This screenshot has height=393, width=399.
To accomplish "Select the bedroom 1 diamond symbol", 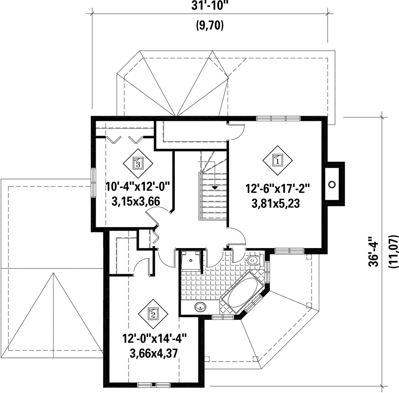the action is coord(277,160).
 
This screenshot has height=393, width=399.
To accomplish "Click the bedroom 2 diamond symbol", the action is coord(153,314).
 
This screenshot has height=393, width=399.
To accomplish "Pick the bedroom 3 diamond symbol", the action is coord(138,163).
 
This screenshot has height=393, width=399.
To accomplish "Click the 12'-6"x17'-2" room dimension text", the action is coord(277,189).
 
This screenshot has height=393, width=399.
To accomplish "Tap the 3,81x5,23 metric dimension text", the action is coord(276,203).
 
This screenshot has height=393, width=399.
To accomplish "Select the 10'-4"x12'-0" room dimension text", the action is coord(138,187).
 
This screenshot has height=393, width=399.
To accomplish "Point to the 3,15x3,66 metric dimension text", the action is coord(136,201).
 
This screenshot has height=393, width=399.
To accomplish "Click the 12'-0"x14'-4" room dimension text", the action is coord(155,339).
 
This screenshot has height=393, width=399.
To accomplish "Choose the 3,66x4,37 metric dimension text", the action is coord(153,353).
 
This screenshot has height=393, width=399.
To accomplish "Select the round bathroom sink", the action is coord(201,307).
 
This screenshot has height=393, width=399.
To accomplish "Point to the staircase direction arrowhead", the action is coord(215,188).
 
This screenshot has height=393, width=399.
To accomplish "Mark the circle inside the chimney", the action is coord(332,184).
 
